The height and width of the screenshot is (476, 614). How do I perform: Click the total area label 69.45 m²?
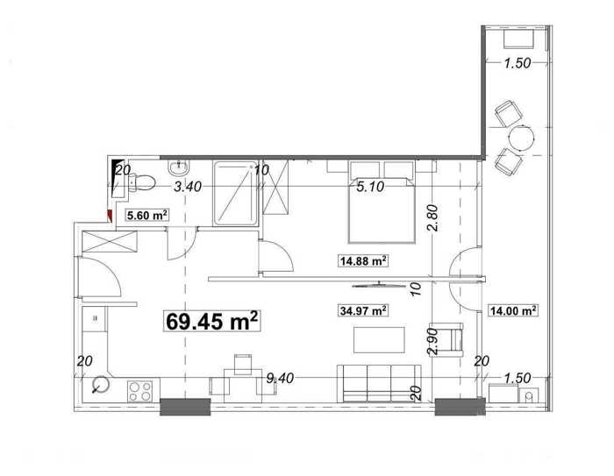(212, 322)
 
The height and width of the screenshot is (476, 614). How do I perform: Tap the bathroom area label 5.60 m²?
(147, 215)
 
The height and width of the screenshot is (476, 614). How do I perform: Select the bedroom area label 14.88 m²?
(363, 260)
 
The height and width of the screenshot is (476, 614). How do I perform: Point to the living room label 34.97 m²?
(363, 310)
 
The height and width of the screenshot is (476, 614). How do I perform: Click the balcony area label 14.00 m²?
(513, 310)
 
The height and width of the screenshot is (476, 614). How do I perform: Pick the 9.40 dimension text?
(280, 378)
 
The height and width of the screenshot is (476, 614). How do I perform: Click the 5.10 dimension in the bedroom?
(370, 187)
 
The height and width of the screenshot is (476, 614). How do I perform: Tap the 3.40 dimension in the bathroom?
(188, 187)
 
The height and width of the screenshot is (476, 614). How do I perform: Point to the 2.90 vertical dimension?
(433, 341)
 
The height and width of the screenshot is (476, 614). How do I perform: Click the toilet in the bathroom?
(141, 182)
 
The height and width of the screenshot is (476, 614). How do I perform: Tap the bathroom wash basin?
(179, 167)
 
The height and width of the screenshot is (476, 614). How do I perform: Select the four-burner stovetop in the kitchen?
(139, 392)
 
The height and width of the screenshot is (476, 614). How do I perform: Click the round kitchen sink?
(102, 384)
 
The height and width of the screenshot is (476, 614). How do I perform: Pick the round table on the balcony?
(521, 137)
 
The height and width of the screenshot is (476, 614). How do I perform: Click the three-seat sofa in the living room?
(379, 384)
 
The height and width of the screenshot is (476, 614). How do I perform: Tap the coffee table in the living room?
(379, 340)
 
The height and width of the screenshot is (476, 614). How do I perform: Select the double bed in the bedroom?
(382, 202)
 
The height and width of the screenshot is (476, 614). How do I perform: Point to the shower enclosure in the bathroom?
(236, 194)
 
